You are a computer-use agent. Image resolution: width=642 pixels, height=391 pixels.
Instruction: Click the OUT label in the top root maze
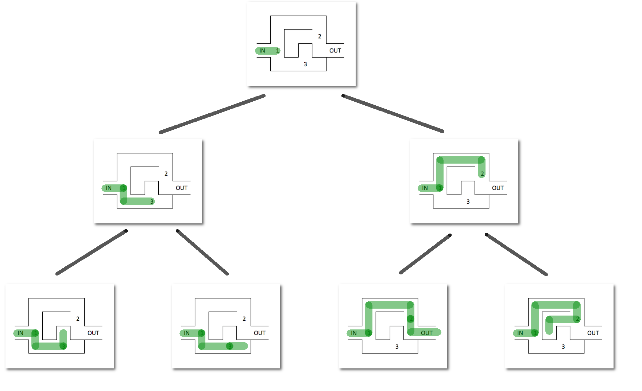point(335,51)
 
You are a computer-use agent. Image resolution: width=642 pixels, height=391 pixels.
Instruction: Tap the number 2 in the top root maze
point(320,36)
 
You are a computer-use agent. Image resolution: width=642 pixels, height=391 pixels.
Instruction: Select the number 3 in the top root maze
point(305,64)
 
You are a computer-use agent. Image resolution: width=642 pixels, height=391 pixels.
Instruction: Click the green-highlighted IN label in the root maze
point(262,51)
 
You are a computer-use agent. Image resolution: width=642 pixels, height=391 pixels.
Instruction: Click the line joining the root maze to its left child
point(212,114)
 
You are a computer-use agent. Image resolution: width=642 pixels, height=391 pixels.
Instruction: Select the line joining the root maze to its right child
point(393,113)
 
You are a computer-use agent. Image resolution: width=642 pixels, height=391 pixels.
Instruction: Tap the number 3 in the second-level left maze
point(152,202)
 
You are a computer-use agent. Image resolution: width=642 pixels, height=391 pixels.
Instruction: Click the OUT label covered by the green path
point(426,333)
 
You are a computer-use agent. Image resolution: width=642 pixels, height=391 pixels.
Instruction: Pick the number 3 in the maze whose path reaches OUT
point(397,347)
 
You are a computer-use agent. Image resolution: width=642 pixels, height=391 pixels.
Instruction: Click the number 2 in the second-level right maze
point(482,174)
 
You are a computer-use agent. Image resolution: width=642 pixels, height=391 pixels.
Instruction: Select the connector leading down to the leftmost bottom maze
point(92,252)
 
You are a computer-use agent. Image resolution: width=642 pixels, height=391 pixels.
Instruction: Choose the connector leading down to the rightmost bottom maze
point(516,254)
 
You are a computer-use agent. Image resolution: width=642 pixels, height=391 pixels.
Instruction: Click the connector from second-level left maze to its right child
point(202,252)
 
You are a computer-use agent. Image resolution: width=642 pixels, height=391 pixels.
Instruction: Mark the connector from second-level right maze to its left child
point(425,254)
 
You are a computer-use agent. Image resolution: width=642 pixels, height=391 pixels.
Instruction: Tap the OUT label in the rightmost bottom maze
point(593,333)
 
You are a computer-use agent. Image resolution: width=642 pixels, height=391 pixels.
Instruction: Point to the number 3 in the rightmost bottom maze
point(563,347)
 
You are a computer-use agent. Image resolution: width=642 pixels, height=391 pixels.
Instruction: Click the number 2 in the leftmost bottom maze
point(78,319)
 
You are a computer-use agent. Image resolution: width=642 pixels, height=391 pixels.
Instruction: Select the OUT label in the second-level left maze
point(181,188)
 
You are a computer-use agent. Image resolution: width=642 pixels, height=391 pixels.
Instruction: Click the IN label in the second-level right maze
point(425,188)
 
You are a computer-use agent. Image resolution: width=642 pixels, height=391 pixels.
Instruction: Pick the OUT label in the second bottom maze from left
point(259,333)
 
